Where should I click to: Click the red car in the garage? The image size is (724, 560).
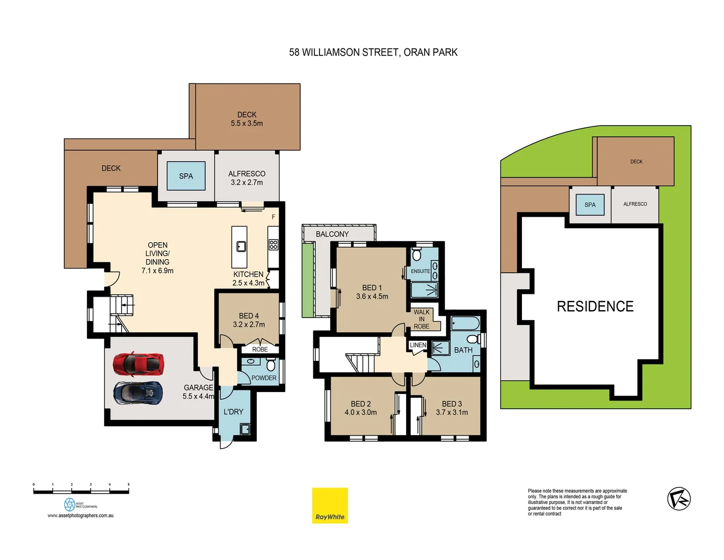pyautogui.click(x=138, y=364)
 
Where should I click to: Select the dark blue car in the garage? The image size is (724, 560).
pyautogui.click(x=138, y=393)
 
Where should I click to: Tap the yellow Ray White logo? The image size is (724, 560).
pyautogui.click(x=329, y=505)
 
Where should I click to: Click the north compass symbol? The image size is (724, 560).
pyautogui.click(x=678, y=499)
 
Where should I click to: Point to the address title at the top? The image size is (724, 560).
pyautogui.click(x=373, y=52)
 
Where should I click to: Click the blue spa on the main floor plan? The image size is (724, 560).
pyautogui.click(x=186, y=176)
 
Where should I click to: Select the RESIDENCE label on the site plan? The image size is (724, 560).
pyautogui.click(x=595, y=306)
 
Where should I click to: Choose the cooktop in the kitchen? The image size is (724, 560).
pyautogui.click(x=273, y=245)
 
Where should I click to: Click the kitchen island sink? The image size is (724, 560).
pyautogui.click(x=241, y=246)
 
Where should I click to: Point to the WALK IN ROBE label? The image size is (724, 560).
pyautogui.click(x=422, y=319)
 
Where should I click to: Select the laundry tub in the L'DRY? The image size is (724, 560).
pyautogui.click(x=245, y=429)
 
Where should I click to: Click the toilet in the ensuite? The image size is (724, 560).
pyautogui.click(x=417, y=255)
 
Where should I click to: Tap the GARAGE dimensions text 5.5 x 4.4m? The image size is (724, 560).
pyautogui.click(x=198, y=396)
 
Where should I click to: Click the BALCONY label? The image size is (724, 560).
pyautogui.click(x=332, y=234)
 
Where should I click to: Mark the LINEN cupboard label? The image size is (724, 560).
pyautogui.click(x=418, y=345)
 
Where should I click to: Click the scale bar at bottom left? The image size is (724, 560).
pyautogui.click(x=81, y=491)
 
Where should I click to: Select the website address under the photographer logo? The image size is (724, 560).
pyautogui.click(x=80, y=515)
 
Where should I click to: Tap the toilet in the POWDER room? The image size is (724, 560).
pyautogui.click(x=270, y=365)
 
